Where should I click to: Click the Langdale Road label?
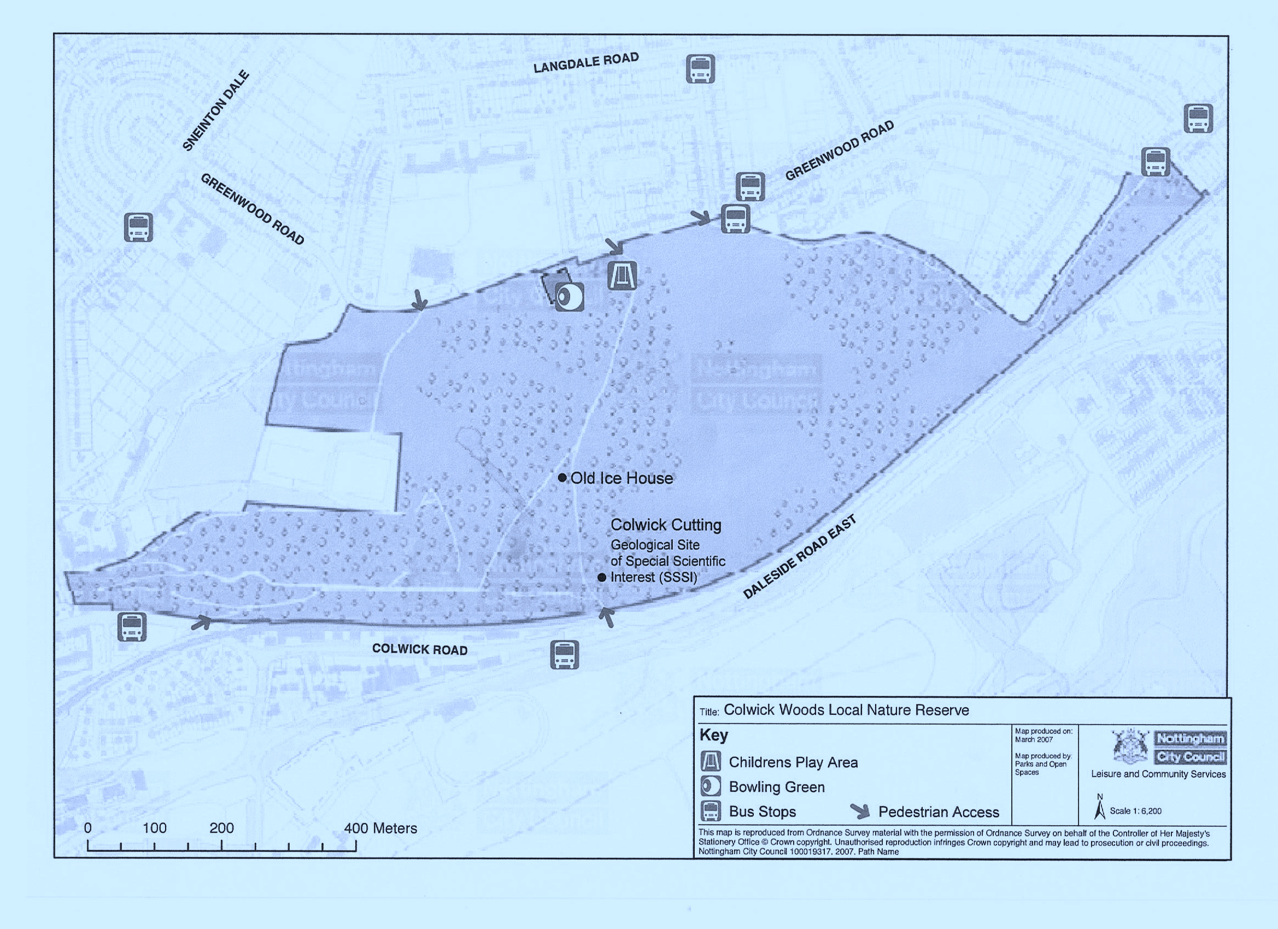(x=586, y=62)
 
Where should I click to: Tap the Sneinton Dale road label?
(x=216, y=110)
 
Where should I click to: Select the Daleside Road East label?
(x=800, y=556)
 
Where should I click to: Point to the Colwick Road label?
(x=420, y=649)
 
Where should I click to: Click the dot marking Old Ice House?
(x=562, y=478)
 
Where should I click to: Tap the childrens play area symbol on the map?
(x=622, y=275)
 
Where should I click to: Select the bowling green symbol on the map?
(x=569, y=297)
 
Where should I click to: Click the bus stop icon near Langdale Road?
(x=700, y=69)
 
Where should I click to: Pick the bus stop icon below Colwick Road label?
(x=564, y=655)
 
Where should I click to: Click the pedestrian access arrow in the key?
(x=860, y=811)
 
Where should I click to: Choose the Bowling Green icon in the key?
(x=711, y=786)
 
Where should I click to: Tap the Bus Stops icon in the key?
(x=711, y=812)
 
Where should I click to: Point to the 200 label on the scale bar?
(x=221, y=827)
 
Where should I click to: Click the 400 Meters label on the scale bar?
(x=381, y=827)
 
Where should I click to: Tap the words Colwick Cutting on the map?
(x=665, y=525)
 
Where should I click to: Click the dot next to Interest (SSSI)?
(x=602, y=577)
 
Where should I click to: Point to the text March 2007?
(x=1034, y=739)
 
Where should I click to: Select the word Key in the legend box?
(x=713, y=734)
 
